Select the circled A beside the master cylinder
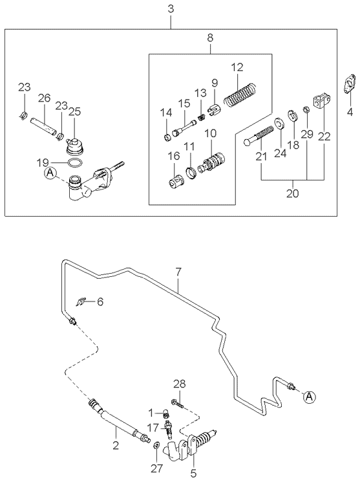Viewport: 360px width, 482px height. click(50, 173)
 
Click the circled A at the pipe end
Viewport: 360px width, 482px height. click(309, 395)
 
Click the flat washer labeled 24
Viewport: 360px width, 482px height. click(278, 124)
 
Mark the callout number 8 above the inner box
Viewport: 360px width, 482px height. click(209, 39)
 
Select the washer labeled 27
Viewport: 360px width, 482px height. click(156, 444)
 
